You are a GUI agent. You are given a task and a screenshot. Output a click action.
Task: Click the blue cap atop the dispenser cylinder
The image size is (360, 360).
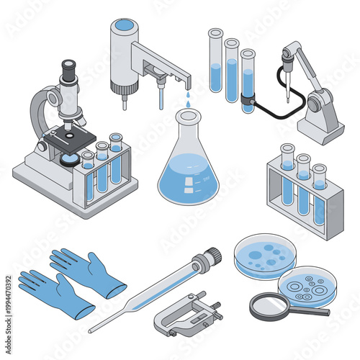tap(125, 25)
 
